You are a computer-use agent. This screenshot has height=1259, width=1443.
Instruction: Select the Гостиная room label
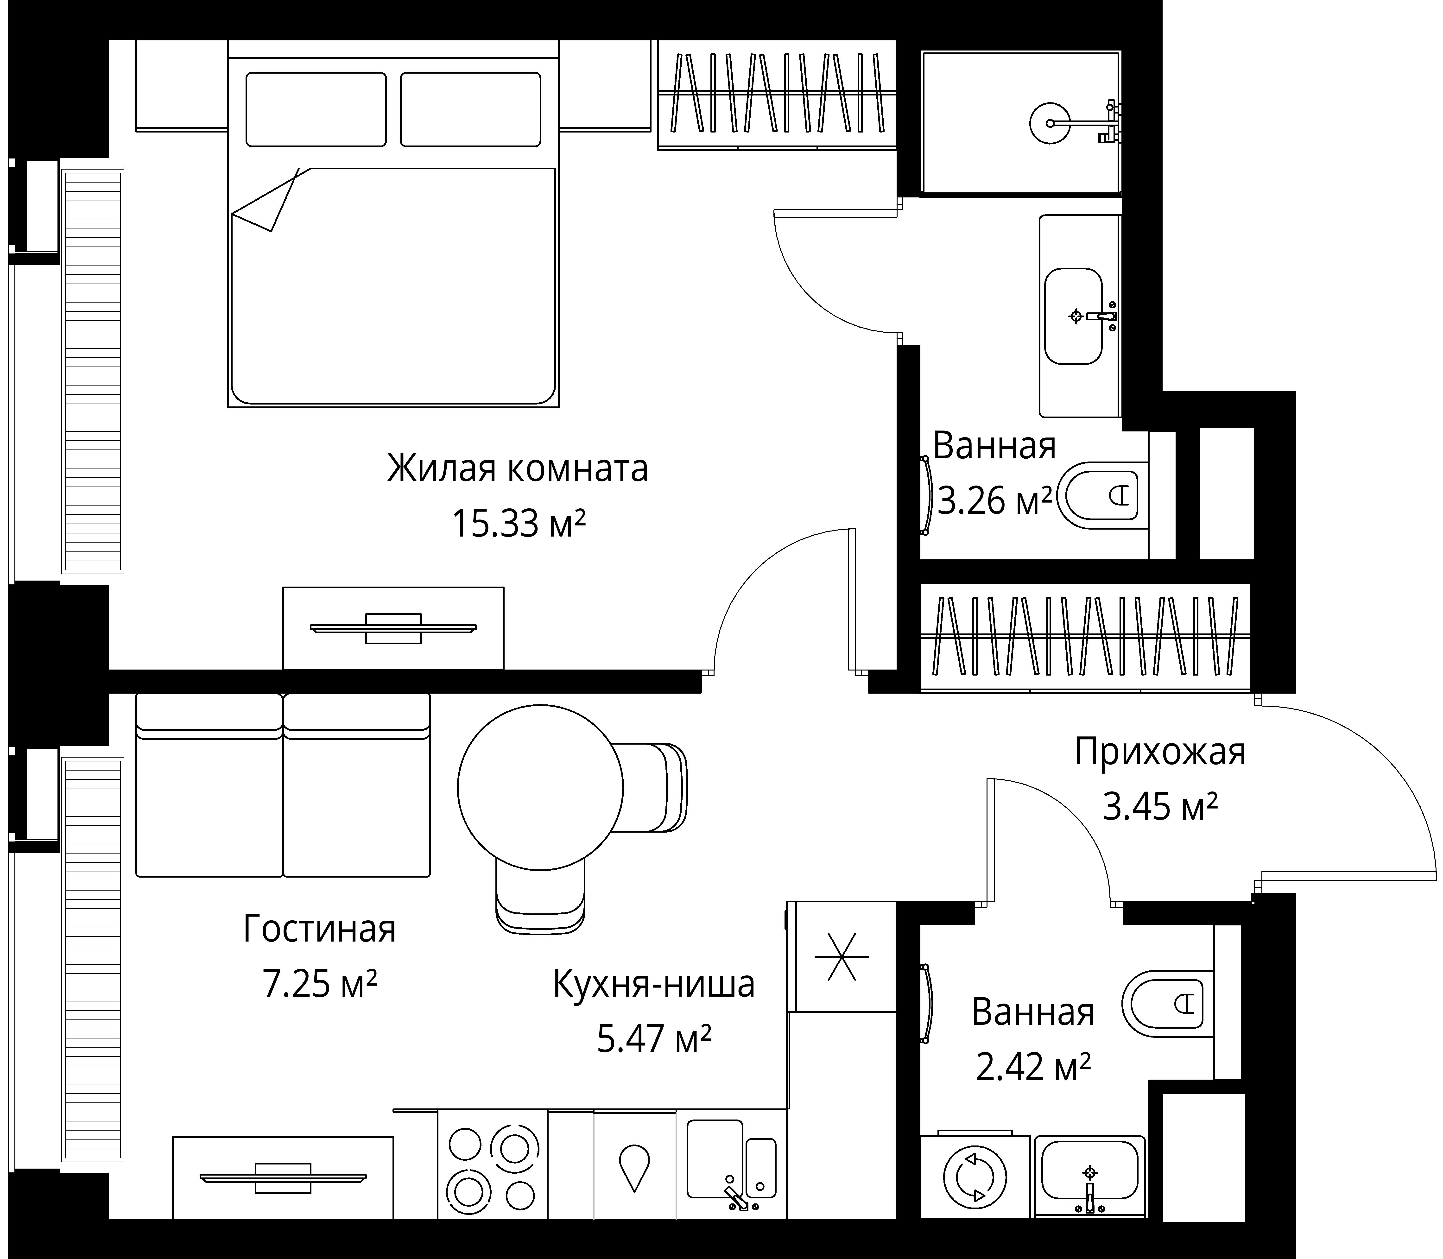click(x=320, y=929)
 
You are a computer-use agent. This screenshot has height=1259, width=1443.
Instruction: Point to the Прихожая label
click(x=1160, y=752)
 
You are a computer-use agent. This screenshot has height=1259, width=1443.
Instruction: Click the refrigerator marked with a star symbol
click(x=842, y=957)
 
